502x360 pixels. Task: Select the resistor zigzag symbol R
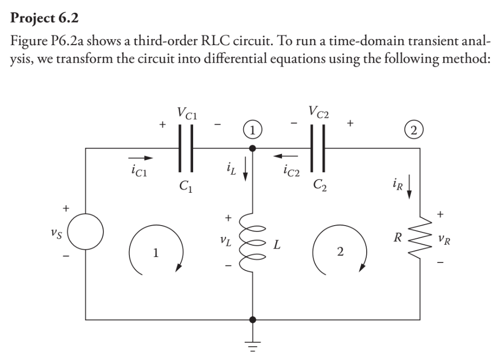[420, 240]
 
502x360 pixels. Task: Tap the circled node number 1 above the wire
[252, 131]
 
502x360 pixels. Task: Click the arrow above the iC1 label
[141, 158]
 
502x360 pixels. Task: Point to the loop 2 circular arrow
[340, 253]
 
